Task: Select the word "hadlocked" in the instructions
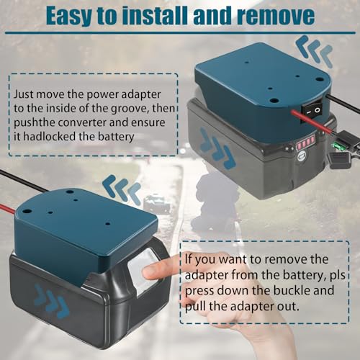[50, 136]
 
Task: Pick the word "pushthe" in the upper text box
[35, 122]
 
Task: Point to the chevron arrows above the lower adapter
[122, 189]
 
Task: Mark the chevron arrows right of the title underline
[315, 50]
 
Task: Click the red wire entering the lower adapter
[8, 209]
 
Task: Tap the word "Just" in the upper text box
[23, 94]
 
